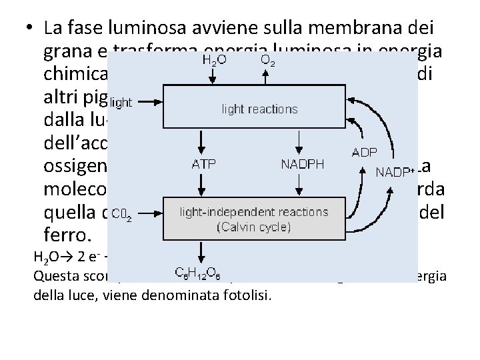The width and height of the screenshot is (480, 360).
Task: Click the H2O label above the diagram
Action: coord(213,60)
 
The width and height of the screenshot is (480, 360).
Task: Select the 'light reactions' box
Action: coord(259,107)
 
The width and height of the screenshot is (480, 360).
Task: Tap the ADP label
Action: coord(364,152)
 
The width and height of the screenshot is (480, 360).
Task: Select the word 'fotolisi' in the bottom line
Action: coord(248,295)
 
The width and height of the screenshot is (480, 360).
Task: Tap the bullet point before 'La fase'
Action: coord(29,29)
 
